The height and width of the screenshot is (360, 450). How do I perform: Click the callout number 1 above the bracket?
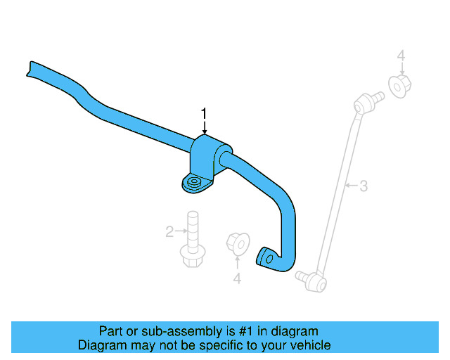pyautogui.click(x=205, y=113)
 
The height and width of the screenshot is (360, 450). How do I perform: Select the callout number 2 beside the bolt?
pyautogui.click(x=169, y=231)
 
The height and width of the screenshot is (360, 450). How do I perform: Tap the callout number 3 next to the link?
pyautogui.click(x=364, y=186)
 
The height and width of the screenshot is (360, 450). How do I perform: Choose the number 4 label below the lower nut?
pyautogui.click(x=237, y=279)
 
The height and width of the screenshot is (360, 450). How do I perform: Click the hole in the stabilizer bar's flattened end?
pyautogui.click(x=265, y=257)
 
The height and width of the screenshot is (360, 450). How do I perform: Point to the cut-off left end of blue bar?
pyautogui.click(x=31, y=67)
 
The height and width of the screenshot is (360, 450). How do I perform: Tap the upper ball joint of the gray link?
pyautogui.click(x=363, y=104)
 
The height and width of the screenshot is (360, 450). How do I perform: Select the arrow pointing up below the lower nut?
pyautogui.click(x=237, y=264)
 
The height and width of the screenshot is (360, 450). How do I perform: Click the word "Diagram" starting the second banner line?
pyautogui.click(x=100, y=345)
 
